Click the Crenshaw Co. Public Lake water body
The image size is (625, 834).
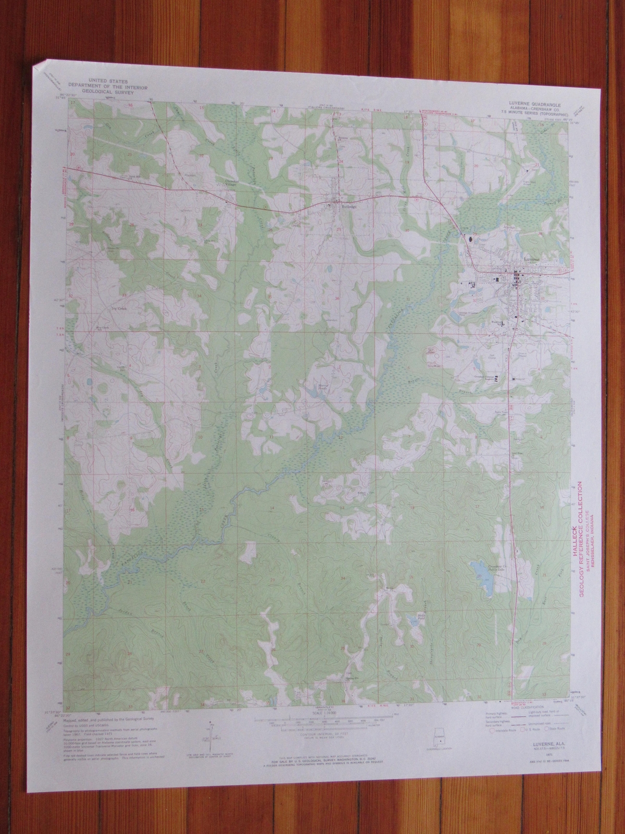(x=484, y=576)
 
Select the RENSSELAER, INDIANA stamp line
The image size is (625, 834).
(x=596, y=553)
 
